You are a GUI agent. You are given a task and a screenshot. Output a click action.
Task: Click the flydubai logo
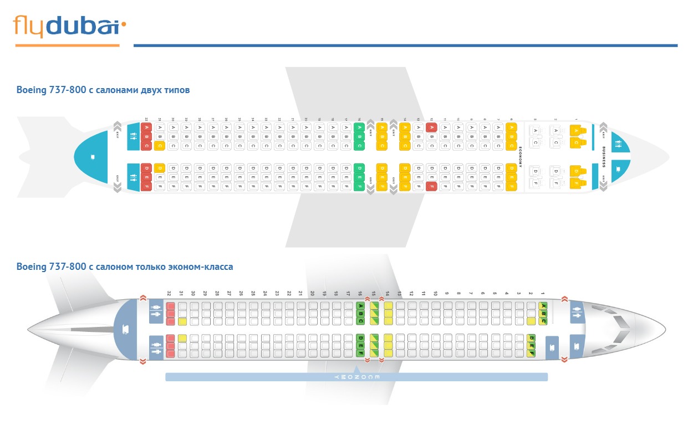tap(69, 26)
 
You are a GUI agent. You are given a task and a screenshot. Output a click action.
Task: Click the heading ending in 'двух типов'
tap(103, 89)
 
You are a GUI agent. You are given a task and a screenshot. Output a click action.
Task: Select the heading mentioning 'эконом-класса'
tap(125, 267)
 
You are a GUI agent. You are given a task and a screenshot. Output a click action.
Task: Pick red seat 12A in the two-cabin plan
tap(431, 127)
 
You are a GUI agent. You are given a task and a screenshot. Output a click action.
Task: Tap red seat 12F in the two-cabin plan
tap(431, 186)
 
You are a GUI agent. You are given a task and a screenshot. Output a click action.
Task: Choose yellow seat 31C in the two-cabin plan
tap(160, 146)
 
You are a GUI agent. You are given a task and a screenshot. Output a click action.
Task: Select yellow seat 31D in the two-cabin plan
tap(160, 168)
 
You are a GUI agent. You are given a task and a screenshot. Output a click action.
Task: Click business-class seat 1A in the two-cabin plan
tap(575, 131)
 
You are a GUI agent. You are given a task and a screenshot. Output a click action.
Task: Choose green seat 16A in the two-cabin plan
tap(359, 127)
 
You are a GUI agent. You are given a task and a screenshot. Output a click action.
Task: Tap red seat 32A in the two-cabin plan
tap(146, 127)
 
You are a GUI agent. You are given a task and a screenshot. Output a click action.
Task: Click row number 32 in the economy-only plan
tap(170, 293)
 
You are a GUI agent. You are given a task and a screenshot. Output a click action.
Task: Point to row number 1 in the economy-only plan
tap(543, 293)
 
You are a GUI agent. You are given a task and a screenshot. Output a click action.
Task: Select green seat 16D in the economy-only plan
tap(360, 337)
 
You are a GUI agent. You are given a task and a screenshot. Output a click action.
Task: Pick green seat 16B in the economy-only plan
tap(360, 313)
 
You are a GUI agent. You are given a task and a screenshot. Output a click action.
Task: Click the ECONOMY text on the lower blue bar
tap(356, 377)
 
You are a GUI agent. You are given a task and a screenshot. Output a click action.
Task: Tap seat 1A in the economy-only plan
tap(543, 305)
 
